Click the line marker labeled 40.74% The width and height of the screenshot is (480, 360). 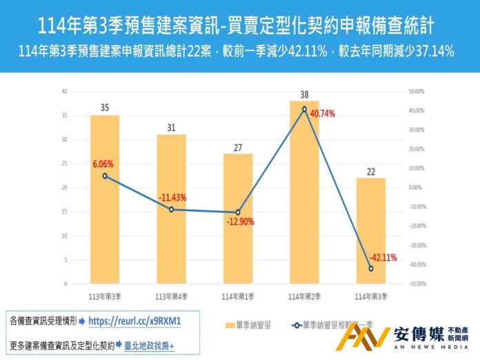303,109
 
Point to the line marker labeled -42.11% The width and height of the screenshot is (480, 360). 370,268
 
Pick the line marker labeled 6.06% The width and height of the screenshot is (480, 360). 105,176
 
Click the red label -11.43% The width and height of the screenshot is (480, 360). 172,198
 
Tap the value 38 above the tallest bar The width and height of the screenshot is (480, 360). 304,94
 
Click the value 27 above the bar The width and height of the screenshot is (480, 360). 237,147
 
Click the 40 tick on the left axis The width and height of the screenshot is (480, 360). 64,91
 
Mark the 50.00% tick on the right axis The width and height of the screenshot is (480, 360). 416,91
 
